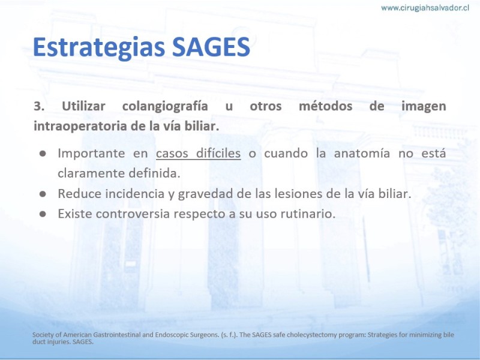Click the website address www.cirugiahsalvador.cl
click(x=425, y=8)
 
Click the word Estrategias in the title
click(x=99, y=47)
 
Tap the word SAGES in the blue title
click(x=211, y=47)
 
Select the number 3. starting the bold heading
click(x=39, y=106)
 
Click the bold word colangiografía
click(x=165, y=106)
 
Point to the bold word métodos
click(x=325, y=106)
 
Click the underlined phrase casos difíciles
click(x=199, y=153)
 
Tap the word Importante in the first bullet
click(x=91, y=154)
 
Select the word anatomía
click(x=362, y=153)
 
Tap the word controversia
click(x=133, y=214)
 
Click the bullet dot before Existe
click(x=43, y=214)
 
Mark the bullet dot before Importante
click(x=43, y=154)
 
